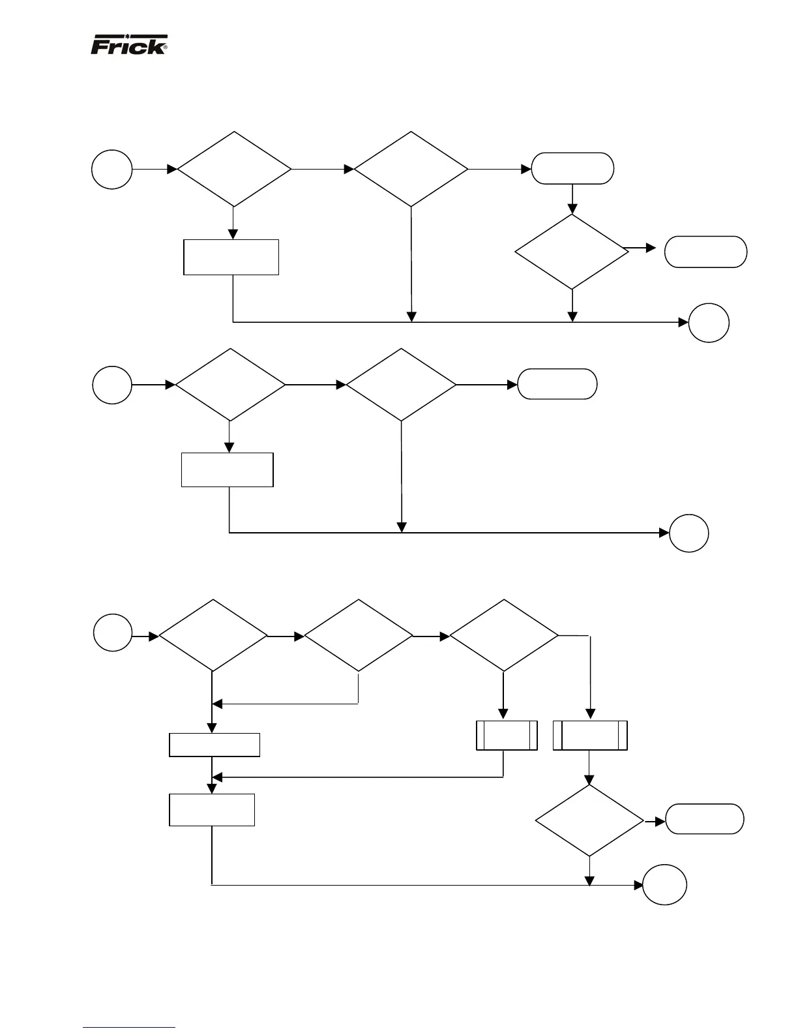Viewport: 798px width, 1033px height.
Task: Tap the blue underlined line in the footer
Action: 129,1027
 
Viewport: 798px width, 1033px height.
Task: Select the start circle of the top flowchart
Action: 113,169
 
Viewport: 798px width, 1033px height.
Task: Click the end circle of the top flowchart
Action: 709,322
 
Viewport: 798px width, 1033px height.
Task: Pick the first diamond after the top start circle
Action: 234,170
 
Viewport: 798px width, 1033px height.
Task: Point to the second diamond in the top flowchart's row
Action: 411,170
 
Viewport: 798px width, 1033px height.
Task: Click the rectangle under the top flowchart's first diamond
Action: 231,257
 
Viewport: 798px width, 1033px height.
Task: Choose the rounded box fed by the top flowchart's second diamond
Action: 572,169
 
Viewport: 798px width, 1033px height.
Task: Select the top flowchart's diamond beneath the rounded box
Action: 572,252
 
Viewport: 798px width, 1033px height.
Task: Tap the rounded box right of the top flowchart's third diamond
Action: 705,252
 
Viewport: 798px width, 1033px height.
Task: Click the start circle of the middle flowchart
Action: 113,385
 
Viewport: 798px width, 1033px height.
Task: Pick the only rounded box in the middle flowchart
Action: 557,384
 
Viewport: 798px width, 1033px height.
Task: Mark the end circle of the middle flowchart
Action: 689,533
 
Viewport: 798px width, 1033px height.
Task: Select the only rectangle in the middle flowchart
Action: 227,470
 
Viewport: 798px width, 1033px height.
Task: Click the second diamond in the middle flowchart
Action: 401,385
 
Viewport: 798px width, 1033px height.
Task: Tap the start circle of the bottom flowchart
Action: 113,633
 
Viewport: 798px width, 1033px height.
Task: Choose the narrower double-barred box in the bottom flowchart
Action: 507,736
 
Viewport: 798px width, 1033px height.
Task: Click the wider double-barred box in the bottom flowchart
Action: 590,736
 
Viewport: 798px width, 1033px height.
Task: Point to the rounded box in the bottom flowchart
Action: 704,819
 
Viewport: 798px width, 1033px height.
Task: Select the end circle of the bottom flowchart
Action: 664,885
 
